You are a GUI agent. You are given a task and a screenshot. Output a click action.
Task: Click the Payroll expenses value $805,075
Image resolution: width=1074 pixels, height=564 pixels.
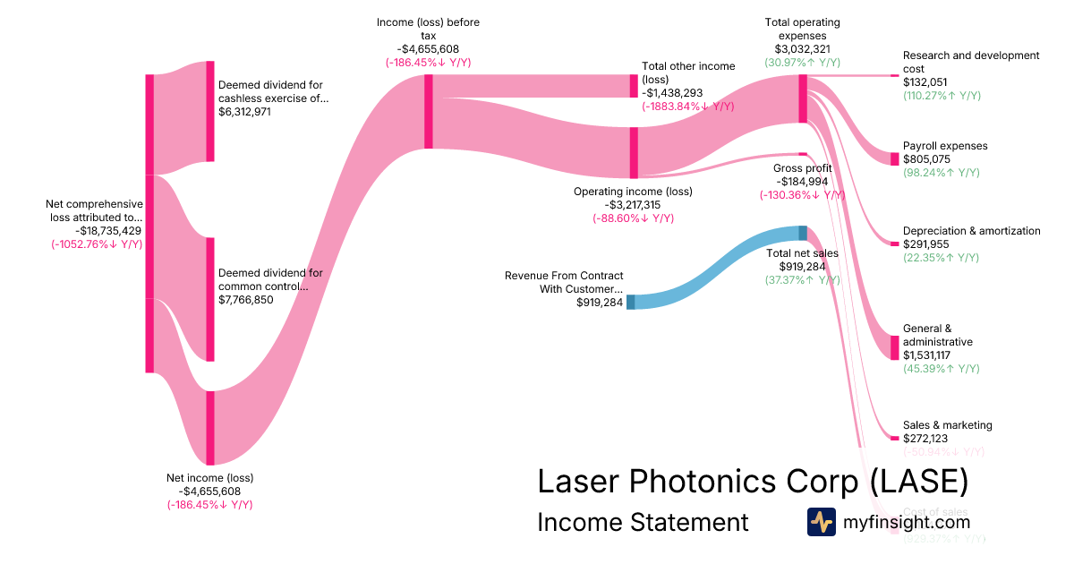click(926, 159)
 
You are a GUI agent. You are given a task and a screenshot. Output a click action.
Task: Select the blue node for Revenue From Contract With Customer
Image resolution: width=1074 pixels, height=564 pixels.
click(630, 302)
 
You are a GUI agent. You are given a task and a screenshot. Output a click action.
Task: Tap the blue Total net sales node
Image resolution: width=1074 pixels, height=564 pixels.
click(803, 233)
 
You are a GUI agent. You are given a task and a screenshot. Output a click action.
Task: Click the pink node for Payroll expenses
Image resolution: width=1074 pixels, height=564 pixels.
click(894, 158)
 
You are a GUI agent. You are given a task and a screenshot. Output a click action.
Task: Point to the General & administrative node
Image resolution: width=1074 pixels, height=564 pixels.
click(894, 347)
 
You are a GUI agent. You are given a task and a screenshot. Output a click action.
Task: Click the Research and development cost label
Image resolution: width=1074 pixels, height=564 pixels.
click(971, 62)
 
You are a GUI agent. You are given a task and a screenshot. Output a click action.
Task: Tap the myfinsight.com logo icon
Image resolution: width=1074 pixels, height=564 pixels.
click(821, 522)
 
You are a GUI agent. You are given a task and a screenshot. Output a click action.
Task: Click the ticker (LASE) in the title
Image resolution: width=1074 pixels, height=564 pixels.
click(919, 481)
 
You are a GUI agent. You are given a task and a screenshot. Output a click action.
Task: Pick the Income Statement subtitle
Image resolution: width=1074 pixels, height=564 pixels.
click(642, 522)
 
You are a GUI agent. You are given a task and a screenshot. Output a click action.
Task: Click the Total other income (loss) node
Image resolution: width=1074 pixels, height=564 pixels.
click(634, 86)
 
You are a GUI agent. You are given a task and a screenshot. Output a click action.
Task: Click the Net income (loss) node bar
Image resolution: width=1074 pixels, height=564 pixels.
click(210, 428)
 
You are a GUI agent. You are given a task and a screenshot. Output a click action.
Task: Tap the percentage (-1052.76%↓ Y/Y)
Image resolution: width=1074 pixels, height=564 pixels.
click(97, 244)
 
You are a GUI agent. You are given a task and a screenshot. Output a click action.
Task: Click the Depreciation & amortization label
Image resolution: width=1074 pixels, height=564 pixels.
click(971, 231)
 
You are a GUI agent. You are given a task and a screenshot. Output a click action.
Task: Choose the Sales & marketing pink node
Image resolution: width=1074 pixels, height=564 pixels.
click(894, 438)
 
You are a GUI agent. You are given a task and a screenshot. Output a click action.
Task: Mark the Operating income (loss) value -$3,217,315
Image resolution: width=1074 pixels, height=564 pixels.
click(632, 205)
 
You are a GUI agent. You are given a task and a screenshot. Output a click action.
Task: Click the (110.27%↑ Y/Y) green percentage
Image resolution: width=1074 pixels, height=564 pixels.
click(942, 96)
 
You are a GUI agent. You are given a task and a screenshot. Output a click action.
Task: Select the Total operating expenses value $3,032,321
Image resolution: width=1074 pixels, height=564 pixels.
click(802, 49)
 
